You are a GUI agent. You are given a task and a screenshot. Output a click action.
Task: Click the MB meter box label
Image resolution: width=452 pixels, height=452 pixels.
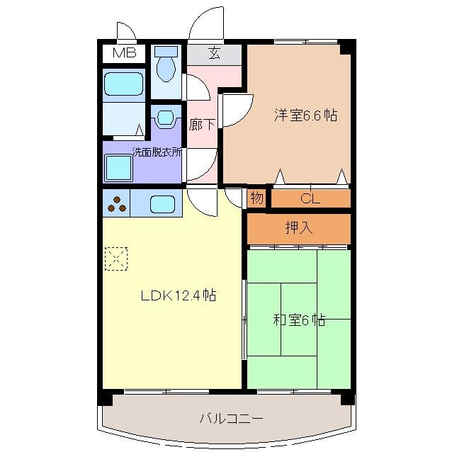click(x=125, y=53)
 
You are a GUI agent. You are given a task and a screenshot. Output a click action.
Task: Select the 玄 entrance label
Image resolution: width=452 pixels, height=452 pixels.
click(x=213, y=52)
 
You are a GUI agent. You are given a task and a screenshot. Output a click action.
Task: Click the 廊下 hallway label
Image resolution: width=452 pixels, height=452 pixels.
click(x=202, y=125)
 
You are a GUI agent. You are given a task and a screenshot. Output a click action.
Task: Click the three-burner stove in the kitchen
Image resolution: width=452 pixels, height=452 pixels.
click(x=117, y=204)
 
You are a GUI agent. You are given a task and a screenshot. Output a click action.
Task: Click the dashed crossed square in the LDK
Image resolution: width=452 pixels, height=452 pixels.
click(x=115, y=258)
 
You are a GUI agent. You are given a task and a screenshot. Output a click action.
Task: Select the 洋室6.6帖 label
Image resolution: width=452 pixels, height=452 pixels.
click(x=305, y=115)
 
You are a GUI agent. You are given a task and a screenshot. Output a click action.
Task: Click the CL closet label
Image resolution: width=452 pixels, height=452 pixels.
click(x=310, y=198)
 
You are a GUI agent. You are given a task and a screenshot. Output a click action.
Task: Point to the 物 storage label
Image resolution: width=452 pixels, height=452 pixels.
click(x=256, y=198)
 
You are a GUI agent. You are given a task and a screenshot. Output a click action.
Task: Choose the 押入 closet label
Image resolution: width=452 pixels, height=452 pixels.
click(x=298, y=228)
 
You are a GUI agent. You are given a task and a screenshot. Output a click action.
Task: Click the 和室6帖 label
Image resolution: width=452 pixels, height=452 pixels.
click(x=299, y=320)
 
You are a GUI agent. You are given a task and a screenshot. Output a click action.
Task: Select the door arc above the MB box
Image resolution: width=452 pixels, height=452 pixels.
click(x=126, y=32)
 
